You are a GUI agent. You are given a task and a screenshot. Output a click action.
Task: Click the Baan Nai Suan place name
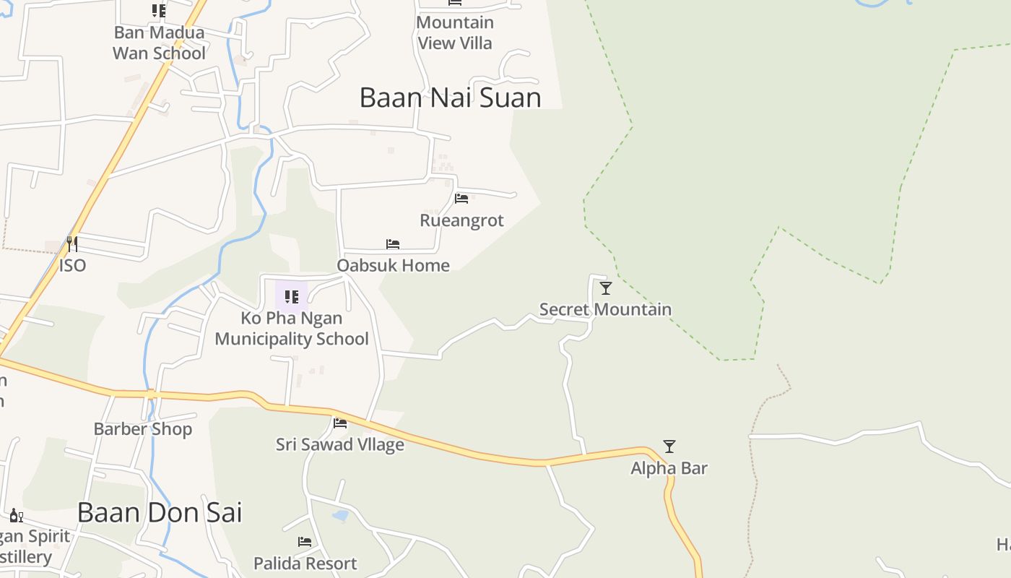[450, 98]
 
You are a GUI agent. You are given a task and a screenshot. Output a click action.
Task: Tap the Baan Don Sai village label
[160, 512]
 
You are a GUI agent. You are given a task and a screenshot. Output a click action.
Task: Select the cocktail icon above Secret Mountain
[606, 288]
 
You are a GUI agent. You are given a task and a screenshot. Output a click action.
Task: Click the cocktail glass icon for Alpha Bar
[669, 447]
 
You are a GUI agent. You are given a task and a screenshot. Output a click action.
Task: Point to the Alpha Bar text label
[669, 468]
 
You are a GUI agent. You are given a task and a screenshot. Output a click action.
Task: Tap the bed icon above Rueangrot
[461, 198]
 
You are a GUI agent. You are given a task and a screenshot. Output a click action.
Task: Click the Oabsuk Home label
[393, 265]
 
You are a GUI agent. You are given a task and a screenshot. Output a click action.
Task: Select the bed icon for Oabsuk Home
[393, 244]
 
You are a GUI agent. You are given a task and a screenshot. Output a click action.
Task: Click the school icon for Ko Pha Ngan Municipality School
[292, 296]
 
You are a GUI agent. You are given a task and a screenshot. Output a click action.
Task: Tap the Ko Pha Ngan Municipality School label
[292, 329]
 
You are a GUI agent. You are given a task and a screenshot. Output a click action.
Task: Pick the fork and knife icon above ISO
[72, 244]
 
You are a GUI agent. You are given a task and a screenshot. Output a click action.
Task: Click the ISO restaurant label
[72, 265]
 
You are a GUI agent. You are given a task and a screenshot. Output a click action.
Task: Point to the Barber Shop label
[143, 429]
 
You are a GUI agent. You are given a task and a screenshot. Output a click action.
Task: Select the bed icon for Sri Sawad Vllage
[340, 423]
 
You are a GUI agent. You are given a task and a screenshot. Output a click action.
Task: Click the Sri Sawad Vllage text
[340, 444]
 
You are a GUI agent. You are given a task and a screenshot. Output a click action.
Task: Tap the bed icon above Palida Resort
[305, 542]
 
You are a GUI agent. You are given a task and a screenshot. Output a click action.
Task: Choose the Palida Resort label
[305, 563]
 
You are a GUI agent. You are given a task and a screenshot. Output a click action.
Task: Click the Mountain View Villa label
[455, 33]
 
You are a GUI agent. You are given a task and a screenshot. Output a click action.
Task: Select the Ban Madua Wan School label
[159, 43]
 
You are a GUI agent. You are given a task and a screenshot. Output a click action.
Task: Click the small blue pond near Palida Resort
[339, 516]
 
